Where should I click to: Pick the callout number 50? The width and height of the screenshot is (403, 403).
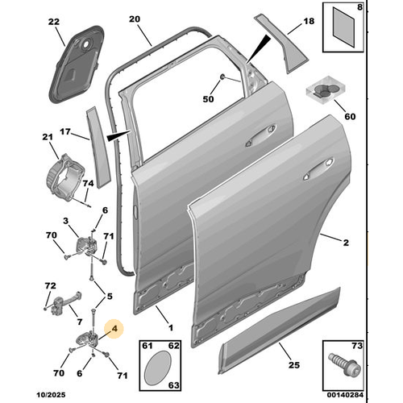click(x=209, y=99)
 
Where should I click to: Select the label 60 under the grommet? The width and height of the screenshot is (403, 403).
click(x=349, y=116)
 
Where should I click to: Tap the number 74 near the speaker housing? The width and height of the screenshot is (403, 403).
click(x=89, y=185)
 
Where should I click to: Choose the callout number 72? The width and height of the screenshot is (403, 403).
click(x=50, y=286)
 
